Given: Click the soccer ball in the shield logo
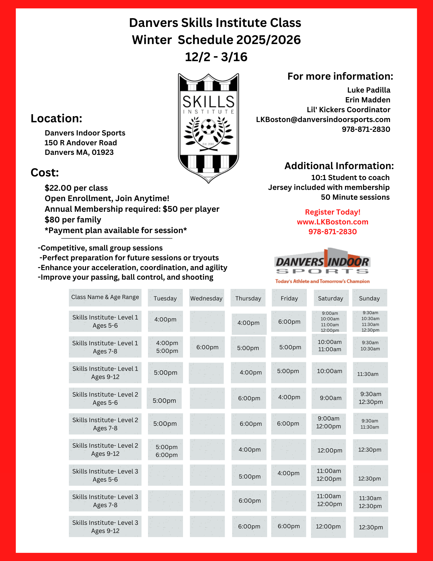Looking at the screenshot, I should pos(208,127).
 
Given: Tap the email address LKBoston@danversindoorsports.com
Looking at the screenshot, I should pos(323,119).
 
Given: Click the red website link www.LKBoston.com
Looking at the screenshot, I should pos(332,222).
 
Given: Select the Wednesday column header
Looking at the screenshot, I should pos(207,298).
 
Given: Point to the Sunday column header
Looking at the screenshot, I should pos(369,298).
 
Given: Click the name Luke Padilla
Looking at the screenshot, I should pos(369,90).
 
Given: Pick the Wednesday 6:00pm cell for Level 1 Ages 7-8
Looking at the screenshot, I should pos(207,347).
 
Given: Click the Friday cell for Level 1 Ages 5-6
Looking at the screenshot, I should pos(289,322).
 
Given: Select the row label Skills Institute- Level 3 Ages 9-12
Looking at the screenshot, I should pos(105,526).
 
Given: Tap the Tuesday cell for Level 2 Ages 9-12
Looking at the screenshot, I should pos(166,451).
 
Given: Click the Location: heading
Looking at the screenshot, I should pos(56,118).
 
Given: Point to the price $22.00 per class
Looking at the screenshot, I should pos(76,188).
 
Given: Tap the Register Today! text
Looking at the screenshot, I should pos(332,212).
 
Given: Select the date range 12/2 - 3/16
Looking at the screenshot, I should pos(216,57).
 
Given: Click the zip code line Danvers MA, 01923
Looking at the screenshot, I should pos(79,152).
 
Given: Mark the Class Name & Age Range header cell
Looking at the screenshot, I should pos(105,297).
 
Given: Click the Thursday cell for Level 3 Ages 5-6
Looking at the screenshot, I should pos(249,476).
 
